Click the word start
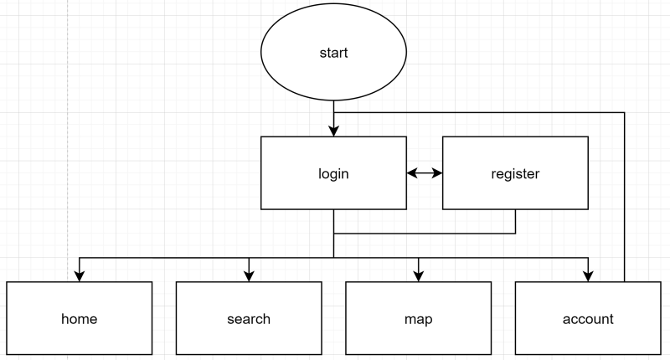(333, 54)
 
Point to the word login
(333, 174)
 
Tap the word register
(514, 174)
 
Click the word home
(80, 319)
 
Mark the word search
(249, 319)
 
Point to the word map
(418, 319)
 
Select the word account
(587, 319)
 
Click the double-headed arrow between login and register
(424, 173)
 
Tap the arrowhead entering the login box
(333, 131)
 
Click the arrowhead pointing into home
(80, 275)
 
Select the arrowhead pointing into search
(249, 275)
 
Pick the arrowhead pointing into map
(418, 275)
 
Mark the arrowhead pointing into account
(587, 275)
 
